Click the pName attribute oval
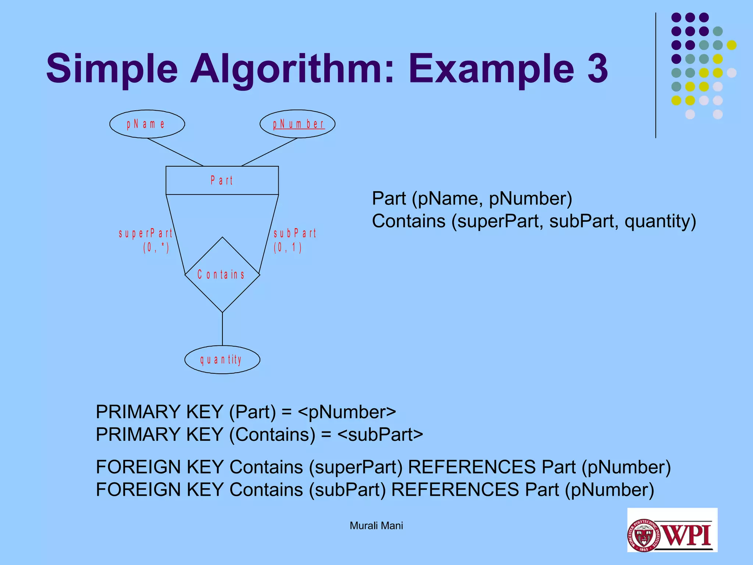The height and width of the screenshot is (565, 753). click(147, 124)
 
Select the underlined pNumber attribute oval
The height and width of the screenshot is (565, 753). click(297, 124)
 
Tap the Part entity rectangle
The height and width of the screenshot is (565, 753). click(222, 180)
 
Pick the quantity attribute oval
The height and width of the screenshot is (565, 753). click(222, 360)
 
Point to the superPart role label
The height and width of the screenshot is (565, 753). click(146, 233)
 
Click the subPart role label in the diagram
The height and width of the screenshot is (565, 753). click(295, 233)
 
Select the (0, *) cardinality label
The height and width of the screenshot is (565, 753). click(156, 248)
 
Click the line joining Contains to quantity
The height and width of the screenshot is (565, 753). click(222, 329)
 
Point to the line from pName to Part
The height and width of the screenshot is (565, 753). click(175, 152)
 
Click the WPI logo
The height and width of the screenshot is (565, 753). click(672, 530)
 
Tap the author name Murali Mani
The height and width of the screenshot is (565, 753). click(376, 526)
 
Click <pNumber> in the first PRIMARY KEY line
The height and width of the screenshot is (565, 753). click(347, 412)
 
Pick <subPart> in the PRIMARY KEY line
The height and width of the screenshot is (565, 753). click(380, 434)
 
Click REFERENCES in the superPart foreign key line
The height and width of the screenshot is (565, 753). click(472, 467)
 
